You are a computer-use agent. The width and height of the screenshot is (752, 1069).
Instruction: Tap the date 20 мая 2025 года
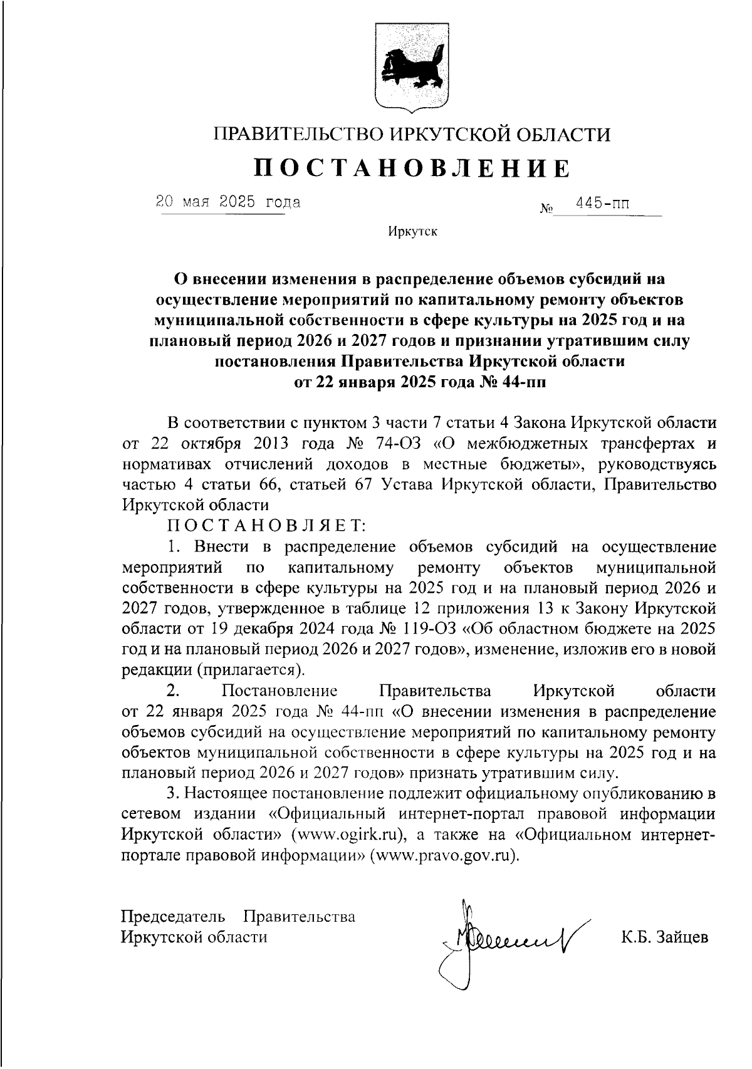[228, 202]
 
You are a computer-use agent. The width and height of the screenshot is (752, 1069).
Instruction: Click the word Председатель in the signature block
[173, 917]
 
